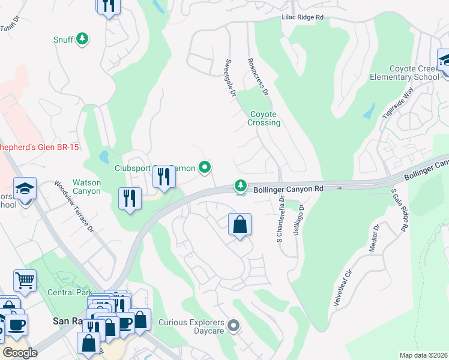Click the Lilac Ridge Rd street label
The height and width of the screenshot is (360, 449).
point(303,18)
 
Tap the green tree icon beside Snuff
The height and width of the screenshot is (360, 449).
point(82,40)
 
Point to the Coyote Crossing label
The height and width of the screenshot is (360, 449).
point(264,118)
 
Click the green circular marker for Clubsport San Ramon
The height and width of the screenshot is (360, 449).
point(205,168)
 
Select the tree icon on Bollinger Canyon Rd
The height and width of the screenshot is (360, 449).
point(241,185)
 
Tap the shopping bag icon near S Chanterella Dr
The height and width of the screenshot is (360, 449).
point(240,225)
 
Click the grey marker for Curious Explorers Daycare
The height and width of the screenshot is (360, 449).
point(234,326)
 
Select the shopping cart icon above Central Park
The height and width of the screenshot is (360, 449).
point(25,280)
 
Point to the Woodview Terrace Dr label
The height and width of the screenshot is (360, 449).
point(74,207)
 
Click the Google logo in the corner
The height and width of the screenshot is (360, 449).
point(20,353)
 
